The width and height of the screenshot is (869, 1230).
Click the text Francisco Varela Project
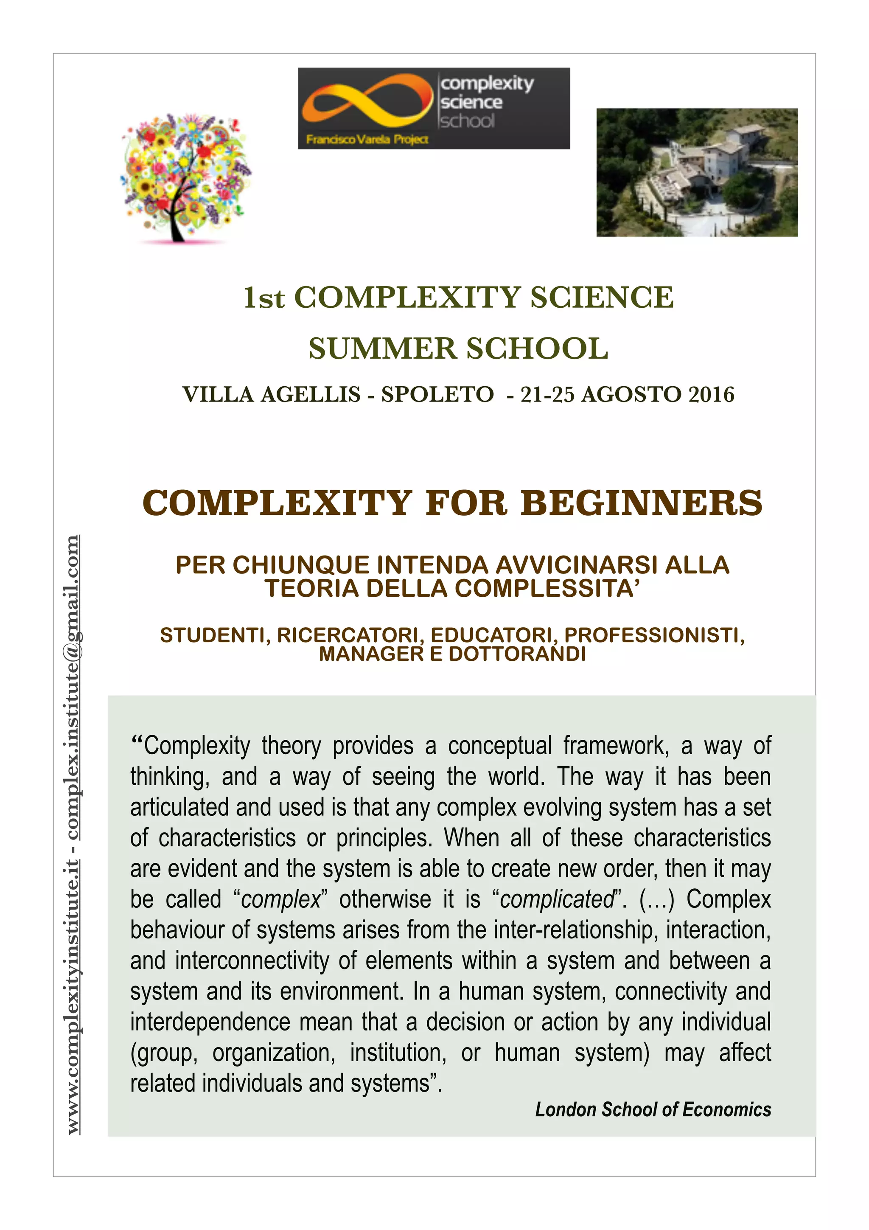point(367,140)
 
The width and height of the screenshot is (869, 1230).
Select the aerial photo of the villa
point(697,172)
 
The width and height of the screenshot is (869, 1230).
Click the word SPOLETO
point(437,395)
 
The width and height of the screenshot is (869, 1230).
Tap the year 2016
point(711,395)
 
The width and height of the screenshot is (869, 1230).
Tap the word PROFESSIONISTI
point(654,635)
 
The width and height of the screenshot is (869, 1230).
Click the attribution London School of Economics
point(653,1109)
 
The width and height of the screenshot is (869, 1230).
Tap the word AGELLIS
point(310,395)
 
